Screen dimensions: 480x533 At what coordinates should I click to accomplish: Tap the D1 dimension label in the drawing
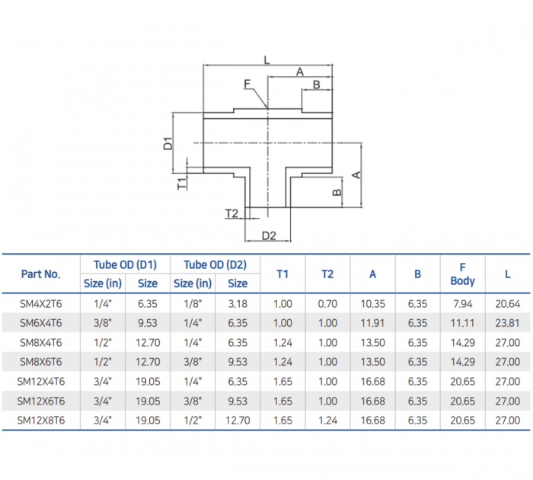[169, 142]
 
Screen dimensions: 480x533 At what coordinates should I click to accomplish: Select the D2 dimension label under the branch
[268, 235]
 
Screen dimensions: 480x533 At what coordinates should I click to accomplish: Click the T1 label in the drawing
[182, 182]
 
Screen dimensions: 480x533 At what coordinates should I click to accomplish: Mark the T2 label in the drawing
[232, 213]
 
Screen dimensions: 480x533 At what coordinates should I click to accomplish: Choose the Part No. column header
[41, 274]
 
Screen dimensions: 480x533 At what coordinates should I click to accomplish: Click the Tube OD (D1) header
[125, 264]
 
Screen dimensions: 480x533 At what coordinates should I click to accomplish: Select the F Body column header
[462, 274]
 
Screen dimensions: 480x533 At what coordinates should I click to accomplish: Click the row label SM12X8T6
[41, 420]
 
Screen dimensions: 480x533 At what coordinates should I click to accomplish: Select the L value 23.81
[507, 322]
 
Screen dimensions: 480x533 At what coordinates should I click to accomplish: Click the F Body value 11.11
[462, 322]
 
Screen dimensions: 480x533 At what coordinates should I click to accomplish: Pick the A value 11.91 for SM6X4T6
[372, 322]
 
